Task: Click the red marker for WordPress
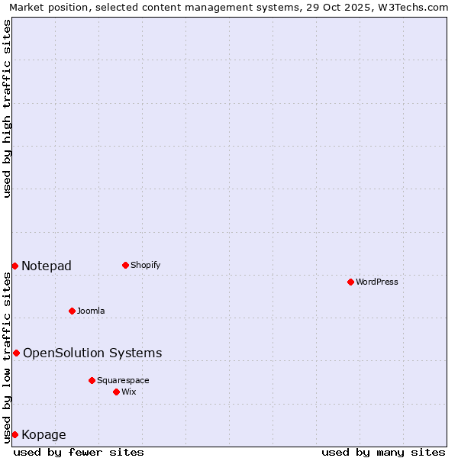tap(350, 282)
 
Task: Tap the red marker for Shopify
tap(125, 265)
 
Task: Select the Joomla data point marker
tap(72, 311)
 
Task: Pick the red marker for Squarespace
tap(92, 380)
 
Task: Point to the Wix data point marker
tap(116, 392)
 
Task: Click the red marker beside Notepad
tap(15, 266)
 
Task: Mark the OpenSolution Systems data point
tap(16, 353)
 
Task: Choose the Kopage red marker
tap(15, 434)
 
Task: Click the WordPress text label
tap(377, 282)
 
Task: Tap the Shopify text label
tap(145, 265)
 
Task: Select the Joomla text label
tap(91, 311)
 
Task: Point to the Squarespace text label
tap(123, 380)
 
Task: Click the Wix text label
tap(128, 392)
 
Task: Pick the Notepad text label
tap(47, 266)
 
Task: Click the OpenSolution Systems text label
tap(92, 353)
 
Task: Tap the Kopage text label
tap(44, 434)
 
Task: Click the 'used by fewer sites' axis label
tap(79, 452)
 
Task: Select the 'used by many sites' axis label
tap(383, 452)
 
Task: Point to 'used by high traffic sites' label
tap(7, 108)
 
